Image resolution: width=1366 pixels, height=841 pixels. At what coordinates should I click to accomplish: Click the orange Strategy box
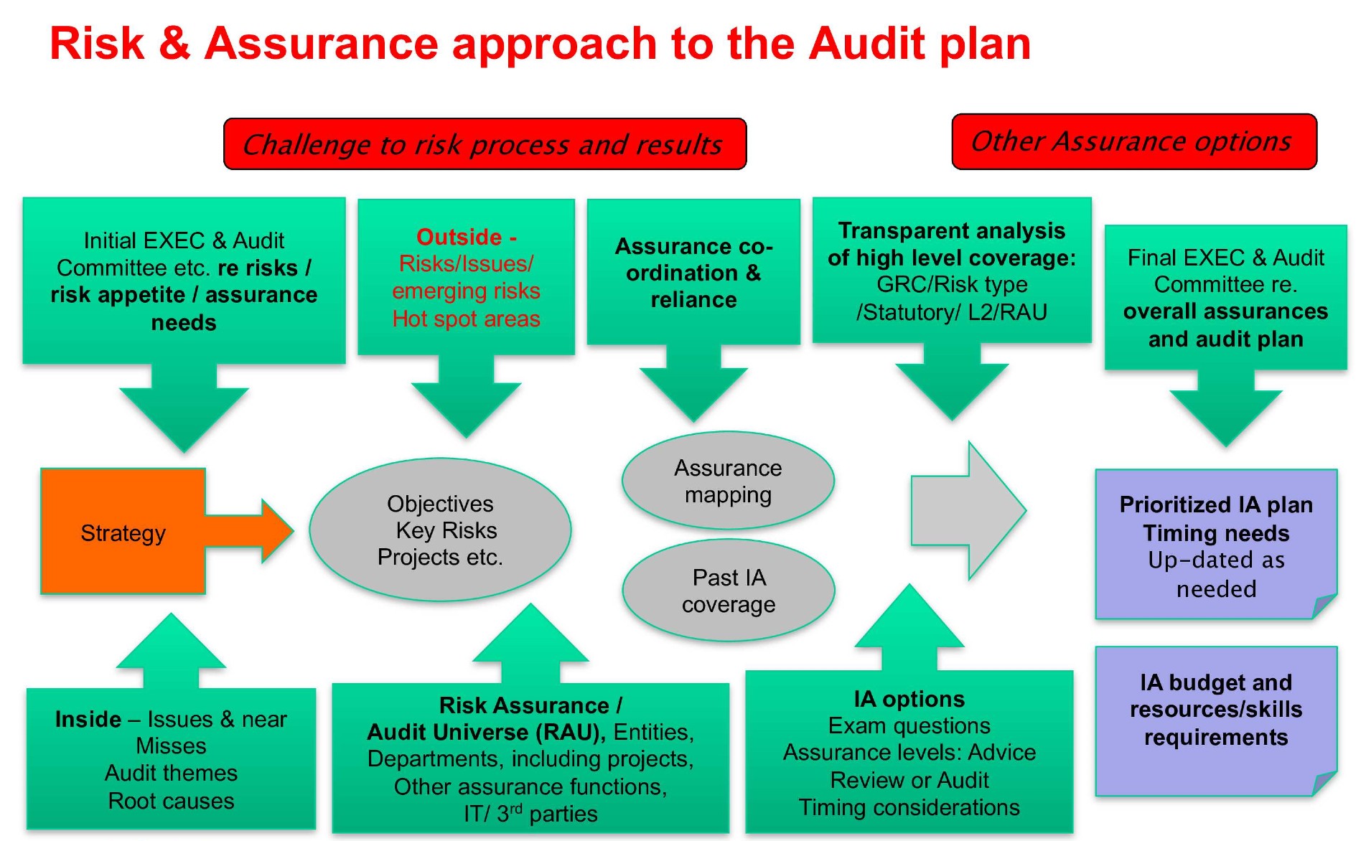[123, 532]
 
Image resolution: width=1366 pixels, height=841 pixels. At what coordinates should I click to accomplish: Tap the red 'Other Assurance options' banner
[1133, 141]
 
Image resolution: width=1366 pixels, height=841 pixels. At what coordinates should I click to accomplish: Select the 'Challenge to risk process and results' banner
[485, 144]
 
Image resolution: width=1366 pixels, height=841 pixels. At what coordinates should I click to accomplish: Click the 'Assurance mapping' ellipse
[728, 481]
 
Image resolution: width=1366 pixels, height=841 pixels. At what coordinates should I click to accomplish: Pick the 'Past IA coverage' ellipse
[728, 591]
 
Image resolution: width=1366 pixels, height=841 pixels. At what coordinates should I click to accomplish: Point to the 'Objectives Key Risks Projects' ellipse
[440, 530]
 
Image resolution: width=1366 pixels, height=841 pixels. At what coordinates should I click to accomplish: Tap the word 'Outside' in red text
[459, 237]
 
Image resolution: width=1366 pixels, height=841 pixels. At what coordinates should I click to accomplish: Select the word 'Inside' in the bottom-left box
[88, 719]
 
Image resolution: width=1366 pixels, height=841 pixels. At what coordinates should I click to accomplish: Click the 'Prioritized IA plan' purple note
[1216, 545]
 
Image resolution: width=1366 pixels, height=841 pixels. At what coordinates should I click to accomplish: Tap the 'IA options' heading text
[909, 699]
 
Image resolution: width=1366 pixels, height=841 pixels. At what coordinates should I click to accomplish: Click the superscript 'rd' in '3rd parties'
[515, 809]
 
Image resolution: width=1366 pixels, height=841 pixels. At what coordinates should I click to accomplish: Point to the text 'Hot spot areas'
[466, 319]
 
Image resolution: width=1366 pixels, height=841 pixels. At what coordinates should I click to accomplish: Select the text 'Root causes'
[171, 801]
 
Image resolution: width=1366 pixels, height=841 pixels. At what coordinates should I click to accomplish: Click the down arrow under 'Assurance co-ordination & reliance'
[693, 384]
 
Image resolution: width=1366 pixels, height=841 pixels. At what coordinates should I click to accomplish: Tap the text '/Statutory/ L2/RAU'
[952, 312]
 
